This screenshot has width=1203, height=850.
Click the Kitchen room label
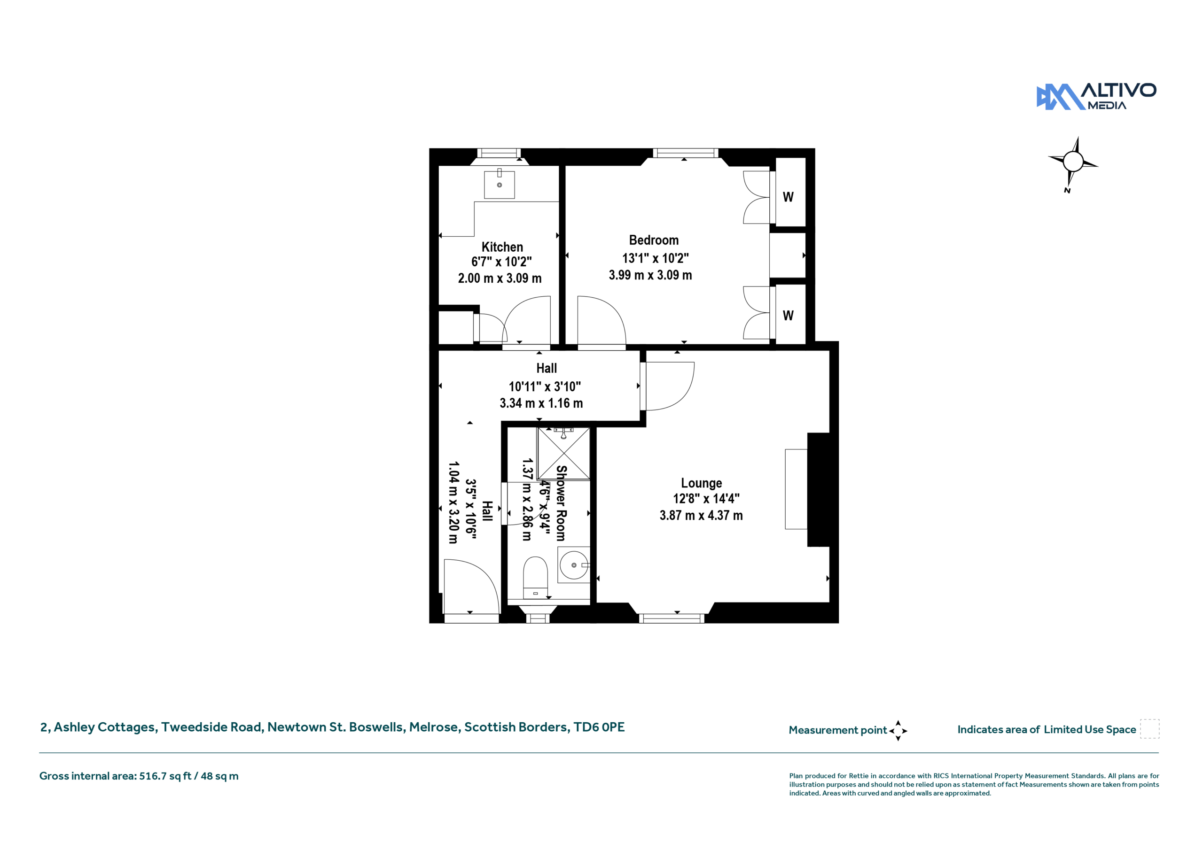pyautogui.click(x=502, y=247)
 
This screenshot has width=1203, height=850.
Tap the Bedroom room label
pyautogui.click(x=654, y=240)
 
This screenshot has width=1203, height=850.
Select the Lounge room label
pyautogui.click(x=701, y=483)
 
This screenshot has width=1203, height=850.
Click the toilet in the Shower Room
pyautogui.click(x=536, y=577)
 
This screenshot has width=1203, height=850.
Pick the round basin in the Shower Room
pyautogui.click(x=574, y=565)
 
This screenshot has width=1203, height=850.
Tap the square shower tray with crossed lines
pyautogui.click(x=564, y=454)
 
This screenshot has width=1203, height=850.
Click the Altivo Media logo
pyautogui.click(x=1096, y=96)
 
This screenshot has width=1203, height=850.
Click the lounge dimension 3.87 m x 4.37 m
pyautogui.click(x=701, y=516)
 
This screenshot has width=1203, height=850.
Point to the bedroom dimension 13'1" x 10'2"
pyautogui.click(x=655, y=258)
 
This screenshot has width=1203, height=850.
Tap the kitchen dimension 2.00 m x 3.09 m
pyautogui.click(x=500, y=278)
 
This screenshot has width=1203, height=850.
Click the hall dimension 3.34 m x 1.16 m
pyautogui.click(x=541, y=403)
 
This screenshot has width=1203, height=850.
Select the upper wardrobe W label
pyautogui.click(x=788, y=197)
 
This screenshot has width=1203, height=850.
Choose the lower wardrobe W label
pyautogui.click(x=788, y=315)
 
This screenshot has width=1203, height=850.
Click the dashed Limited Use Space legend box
pyautogui.click(x=1149, y=729)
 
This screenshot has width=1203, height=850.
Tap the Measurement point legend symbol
pyautogui.click(x=898, y=731)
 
